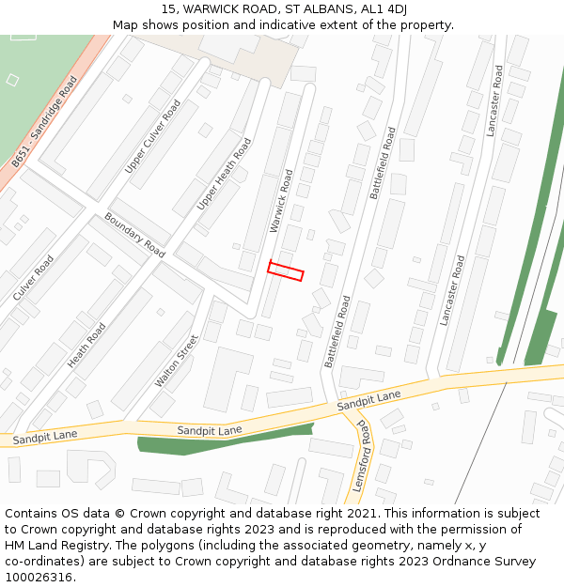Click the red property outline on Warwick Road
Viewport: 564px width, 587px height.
(x=286, y=270)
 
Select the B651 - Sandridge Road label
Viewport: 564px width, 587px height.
(x=45, y=123)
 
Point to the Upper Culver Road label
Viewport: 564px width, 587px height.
(x=152, y=137)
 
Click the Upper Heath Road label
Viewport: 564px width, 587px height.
(x=225, y=174)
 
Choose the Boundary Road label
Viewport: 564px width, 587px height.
(x=134, y=235)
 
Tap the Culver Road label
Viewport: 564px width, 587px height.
(x=34, y=277)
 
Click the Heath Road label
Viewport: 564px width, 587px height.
(x=86, y=345)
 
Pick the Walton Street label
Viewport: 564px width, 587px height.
(x=177, y=362)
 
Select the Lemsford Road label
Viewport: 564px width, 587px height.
(x=365, y=456)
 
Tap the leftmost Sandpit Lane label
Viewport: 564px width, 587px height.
(x=45, y=437)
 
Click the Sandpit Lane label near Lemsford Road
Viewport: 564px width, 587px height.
(x=369, y=399)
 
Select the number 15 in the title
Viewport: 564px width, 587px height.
(x=168, y=8)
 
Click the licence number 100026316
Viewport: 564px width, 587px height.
(x=40, y=577)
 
